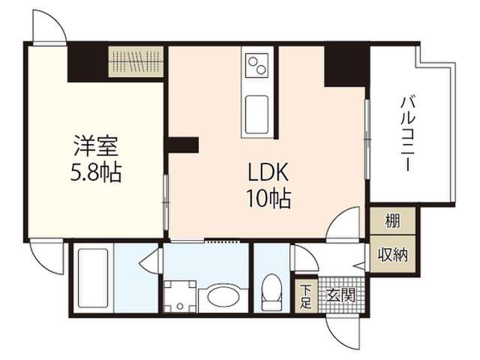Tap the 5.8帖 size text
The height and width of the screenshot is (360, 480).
(96, 172)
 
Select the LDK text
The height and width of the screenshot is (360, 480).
(268, 172)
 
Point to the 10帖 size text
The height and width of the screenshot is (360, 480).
(268, 199)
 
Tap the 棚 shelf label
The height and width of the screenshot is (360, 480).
(392, 221)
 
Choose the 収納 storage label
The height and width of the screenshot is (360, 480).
(392, 254)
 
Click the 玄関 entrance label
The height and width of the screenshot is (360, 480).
(340, 295)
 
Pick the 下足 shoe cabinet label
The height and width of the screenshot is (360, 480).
(305, 296)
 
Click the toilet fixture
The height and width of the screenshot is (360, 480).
(271, 292)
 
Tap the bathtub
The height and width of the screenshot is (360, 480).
(93, 277)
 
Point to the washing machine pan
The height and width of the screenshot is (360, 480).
(180, 296)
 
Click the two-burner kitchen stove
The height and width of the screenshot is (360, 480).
(257, 65)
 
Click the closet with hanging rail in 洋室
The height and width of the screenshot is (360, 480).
(136, 61)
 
